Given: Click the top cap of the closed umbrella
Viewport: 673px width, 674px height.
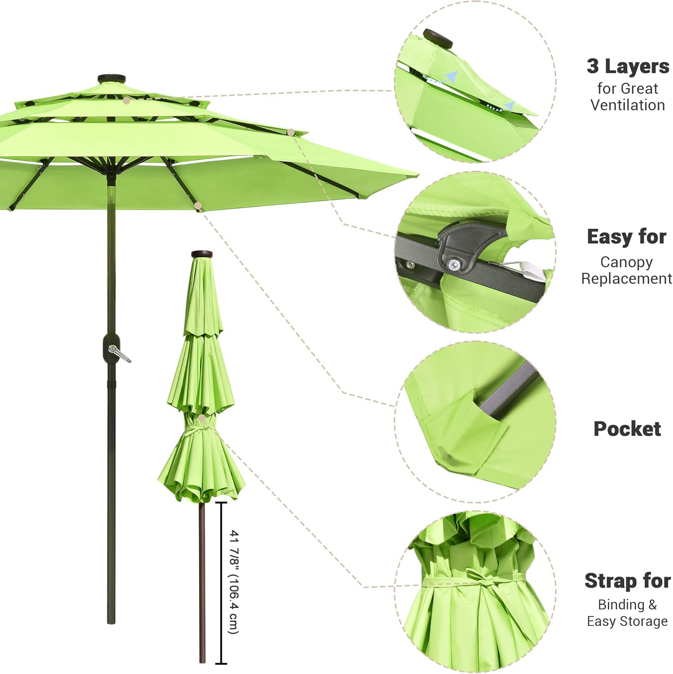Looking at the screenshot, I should tap(202, 254).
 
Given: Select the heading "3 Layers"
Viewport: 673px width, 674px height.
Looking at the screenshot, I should tap(628, 66).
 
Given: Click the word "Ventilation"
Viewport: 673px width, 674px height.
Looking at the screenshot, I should tap(627, 105).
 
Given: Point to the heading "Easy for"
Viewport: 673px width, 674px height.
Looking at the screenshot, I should tap(626, 237).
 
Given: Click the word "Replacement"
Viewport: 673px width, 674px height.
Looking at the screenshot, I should tap(626, 279).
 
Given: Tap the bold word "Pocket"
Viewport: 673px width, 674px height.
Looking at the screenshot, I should tap(627, 429).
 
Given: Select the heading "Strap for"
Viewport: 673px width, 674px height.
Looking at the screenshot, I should tap(627, 581).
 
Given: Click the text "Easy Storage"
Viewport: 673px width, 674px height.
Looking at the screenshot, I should tap(627, 621).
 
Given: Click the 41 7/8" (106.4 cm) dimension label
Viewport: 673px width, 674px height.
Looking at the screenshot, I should tap(234, 582).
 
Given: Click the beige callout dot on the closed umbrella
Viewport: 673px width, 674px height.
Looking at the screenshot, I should tap(202, 419).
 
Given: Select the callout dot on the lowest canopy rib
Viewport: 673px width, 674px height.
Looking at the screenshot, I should tap(198, 206).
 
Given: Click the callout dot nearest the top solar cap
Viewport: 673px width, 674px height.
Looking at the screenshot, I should tap(127, 101).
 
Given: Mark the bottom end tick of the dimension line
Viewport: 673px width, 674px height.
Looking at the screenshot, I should tap(221, 663).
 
